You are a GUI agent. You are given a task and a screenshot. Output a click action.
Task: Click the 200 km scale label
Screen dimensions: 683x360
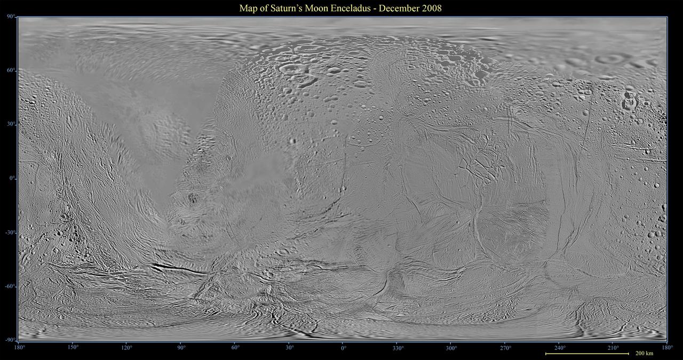click(x=644, y=354)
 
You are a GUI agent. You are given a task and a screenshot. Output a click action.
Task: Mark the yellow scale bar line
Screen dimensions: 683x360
click(x=587, y=354)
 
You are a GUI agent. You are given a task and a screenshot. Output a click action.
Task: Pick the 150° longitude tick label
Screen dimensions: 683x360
click(x=73, y=348)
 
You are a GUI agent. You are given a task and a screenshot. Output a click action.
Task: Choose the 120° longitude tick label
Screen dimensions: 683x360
click(x=127, y=348)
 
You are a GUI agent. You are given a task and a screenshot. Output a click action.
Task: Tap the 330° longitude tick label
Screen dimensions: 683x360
click(x=398, y=348)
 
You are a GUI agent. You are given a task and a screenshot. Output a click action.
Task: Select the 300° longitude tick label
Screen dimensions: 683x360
click(x=451, y=348)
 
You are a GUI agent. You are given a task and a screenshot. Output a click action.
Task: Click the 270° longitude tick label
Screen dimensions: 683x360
click(x=505, y=348)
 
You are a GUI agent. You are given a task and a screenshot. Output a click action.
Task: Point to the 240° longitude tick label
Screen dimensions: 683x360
click(x=560, y=348)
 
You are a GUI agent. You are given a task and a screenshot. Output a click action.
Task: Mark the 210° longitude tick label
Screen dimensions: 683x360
click(x=614, y=348)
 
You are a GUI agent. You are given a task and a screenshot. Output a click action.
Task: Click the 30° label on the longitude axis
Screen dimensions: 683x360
click(x=289, y=348)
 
